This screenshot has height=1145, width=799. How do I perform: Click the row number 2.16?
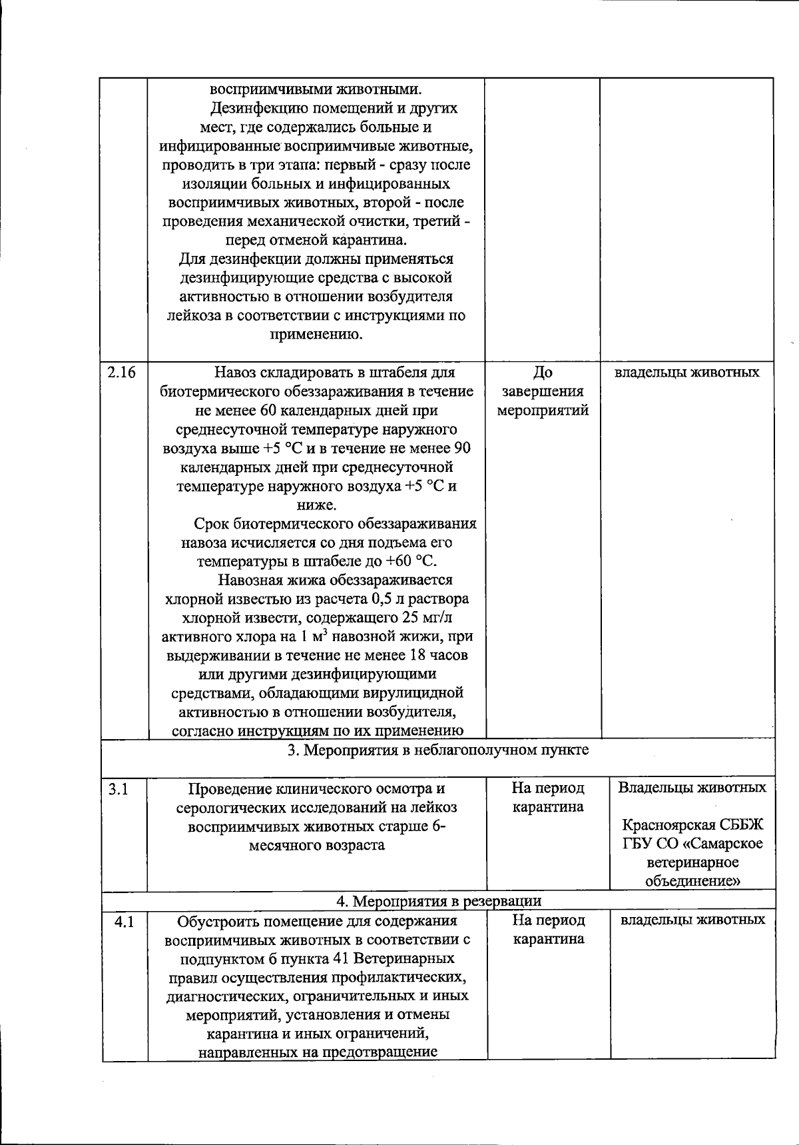[121, 373]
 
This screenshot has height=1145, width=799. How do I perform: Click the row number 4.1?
[124, 922]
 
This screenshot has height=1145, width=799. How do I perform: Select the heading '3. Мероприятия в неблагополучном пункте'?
[437, 750]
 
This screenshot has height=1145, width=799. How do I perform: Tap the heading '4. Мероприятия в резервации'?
[438, 901]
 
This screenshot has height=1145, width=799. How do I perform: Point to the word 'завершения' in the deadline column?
[543, 391]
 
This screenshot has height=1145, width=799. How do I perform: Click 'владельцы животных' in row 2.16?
[686, 372]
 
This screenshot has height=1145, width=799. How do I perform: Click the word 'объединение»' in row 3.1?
[692, 881]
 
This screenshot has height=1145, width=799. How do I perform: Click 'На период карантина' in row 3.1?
[548, 798]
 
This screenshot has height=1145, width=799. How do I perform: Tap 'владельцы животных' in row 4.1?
[692, 920]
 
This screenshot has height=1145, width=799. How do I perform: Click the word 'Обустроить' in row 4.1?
[216, 921]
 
